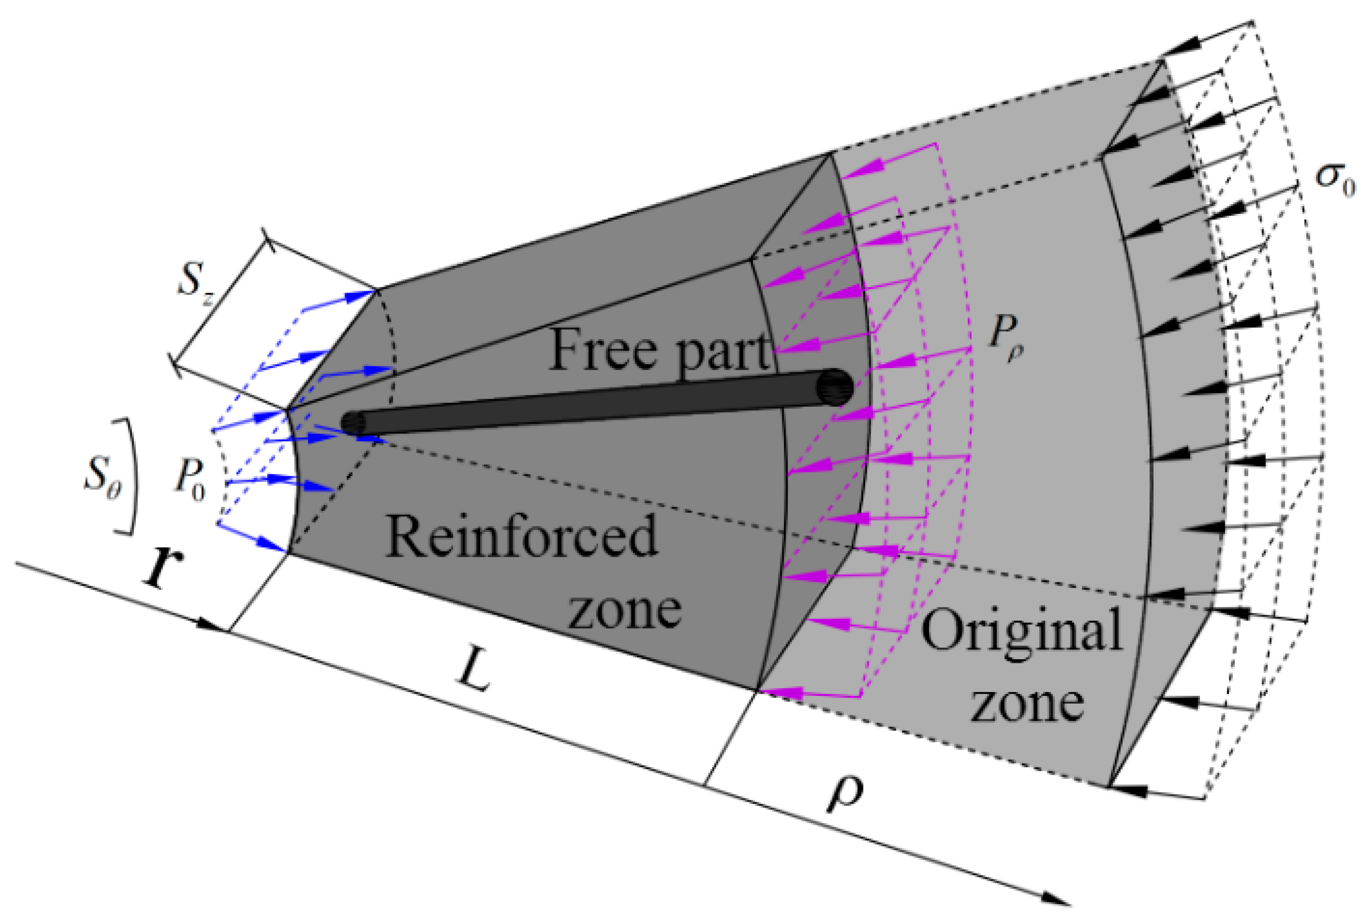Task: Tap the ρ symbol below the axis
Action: (x=845, y=792)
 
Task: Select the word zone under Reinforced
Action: (x=624, y=610)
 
